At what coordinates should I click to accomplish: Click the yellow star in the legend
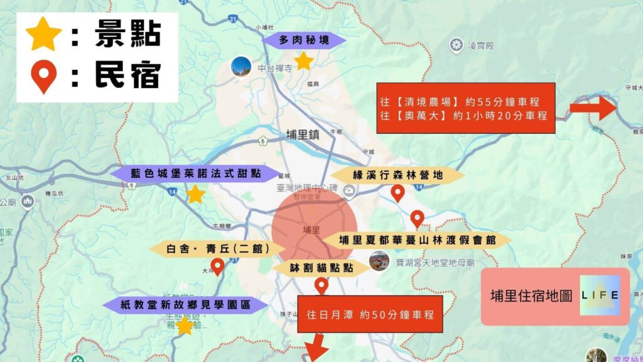point(43,35)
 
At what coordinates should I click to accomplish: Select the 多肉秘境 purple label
point(305,40)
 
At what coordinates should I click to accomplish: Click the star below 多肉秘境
point(304,61)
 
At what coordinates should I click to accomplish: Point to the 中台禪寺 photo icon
point(240,67)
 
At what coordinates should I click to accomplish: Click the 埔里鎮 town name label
point(303,133)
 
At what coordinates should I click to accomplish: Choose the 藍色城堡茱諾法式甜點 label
point(195,173)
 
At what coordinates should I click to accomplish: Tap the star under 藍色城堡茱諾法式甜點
point(195,194)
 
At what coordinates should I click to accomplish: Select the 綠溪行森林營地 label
point(397,175)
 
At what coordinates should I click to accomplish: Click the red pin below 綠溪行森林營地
point(397,193)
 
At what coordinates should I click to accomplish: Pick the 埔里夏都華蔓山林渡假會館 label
point(417,239)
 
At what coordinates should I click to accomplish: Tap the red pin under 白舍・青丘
point(217,266)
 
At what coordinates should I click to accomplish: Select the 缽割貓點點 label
point(321,268)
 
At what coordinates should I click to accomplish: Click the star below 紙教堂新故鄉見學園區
point(184,326)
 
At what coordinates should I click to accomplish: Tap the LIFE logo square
point(600,295)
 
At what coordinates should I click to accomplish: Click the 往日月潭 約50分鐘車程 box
point(370,314)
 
